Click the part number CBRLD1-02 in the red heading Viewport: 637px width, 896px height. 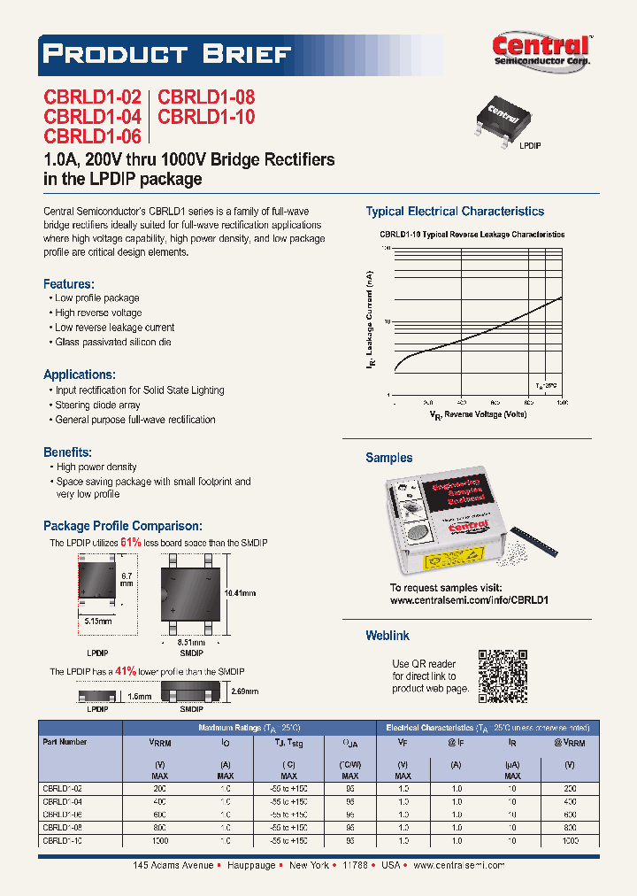pyautogui.click(x=92, y=98)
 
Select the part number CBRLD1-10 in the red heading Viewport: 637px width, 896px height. pyautogui.click(x=205, y=117)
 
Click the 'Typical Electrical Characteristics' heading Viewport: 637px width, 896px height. pyautogui.click(x=455, y=212)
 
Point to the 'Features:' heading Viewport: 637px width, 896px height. pyautogui.click(x=69, y=284)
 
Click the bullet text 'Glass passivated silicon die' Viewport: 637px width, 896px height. pyautogui.click(x=113, y=342)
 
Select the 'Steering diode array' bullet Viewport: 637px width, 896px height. pyautogui.click(x=97, y=405)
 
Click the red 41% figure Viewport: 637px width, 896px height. pyautogui.click(x=125, y=672)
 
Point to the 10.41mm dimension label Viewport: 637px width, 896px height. pyautogui.click(x=241, y=592)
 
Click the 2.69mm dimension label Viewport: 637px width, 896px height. pyautogui.click(x=245, y=691)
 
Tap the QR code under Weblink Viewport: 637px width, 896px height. pyautogui.click(x=502, y=676)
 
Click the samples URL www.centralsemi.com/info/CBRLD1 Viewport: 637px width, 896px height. pyautogui.click(x=469, y=599)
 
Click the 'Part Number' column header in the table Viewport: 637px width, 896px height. pyautogui.click(x=65, y=742)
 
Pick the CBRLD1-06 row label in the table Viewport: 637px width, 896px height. pyautogui.click(x=62, y=813)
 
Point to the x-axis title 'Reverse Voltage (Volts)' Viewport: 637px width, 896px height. pyautogui.click(x=478, y=413)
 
